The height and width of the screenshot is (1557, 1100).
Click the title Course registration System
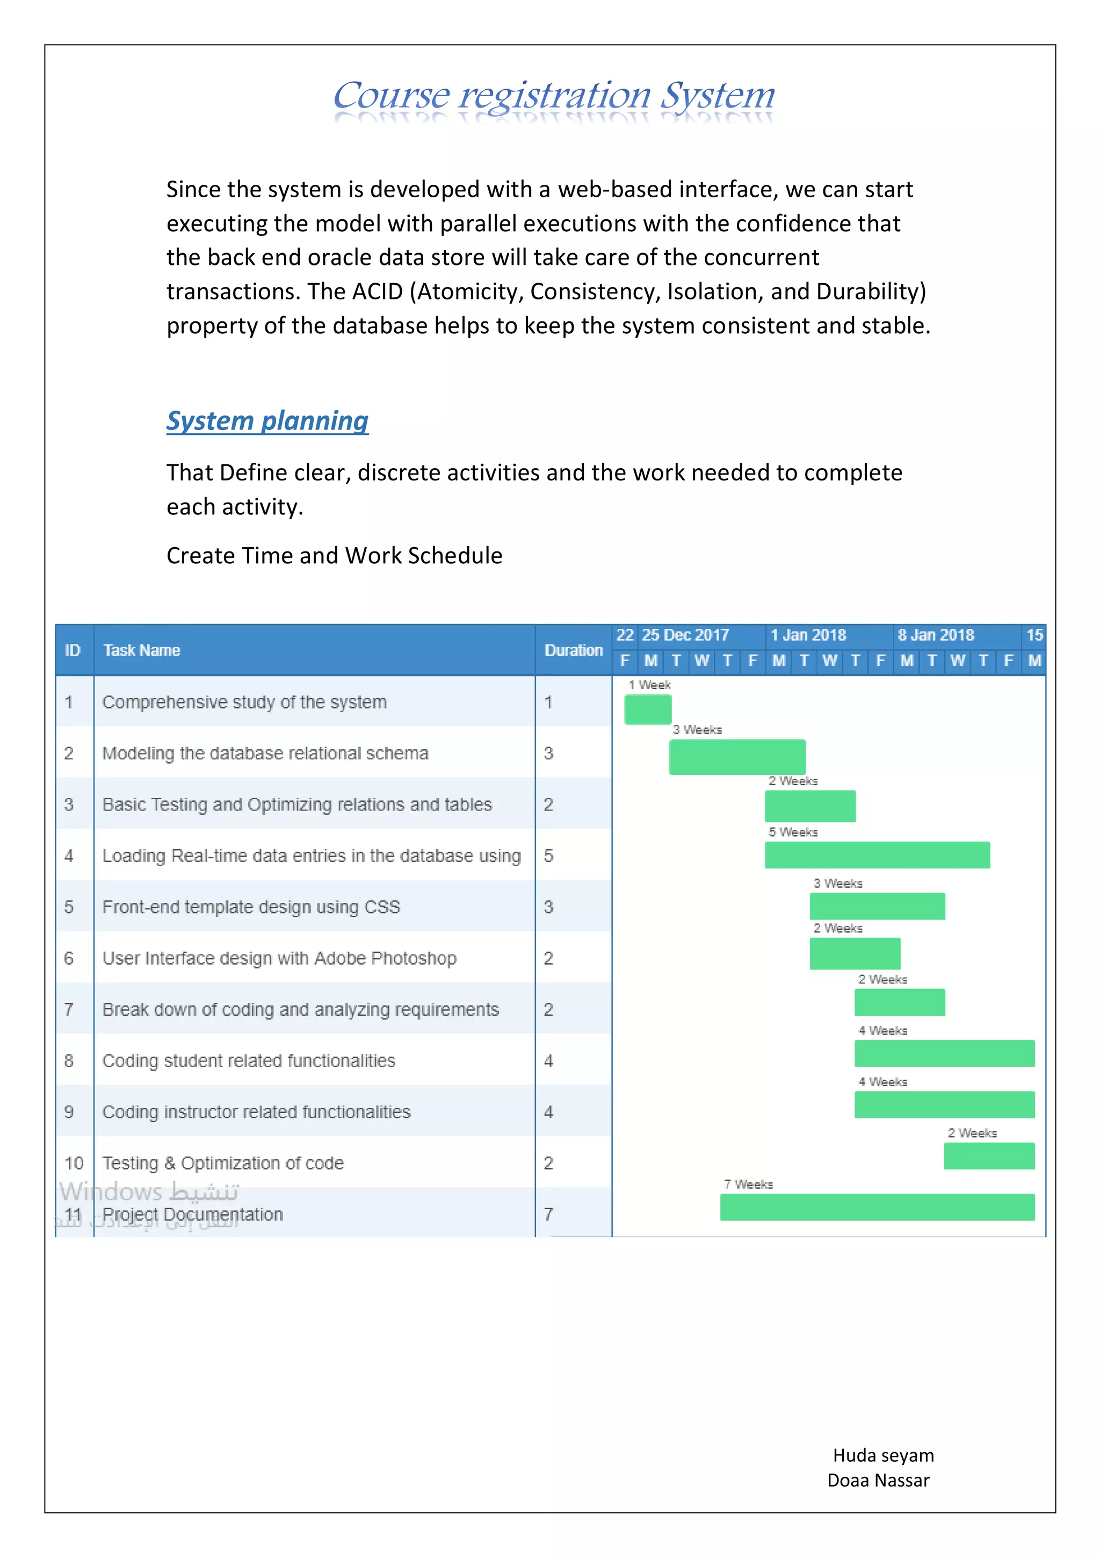tap(553, 96)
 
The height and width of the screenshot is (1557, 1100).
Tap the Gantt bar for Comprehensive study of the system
tap(647, 709)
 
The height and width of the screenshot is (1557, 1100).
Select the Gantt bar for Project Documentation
tap(877, 1207)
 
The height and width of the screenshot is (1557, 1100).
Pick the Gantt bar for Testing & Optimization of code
tap(989, 1156)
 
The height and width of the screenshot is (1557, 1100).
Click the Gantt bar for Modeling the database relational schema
tap(737, 757)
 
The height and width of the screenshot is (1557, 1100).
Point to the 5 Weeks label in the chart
tap(792, 832)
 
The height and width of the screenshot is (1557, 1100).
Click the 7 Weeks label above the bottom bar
tap(748, 1184)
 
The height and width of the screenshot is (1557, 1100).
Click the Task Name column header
tap(142, 650)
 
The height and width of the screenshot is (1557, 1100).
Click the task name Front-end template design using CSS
tap(251, 907)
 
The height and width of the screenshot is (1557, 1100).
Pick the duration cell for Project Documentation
tap(548, 1214)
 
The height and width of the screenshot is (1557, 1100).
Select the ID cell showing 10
tap(73, 1163)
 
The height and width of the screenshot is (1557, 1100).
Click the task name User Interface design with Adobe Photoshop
tap(279, 958)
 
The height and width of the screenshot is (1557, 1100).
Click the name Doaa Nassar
tap(878, 1480)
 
